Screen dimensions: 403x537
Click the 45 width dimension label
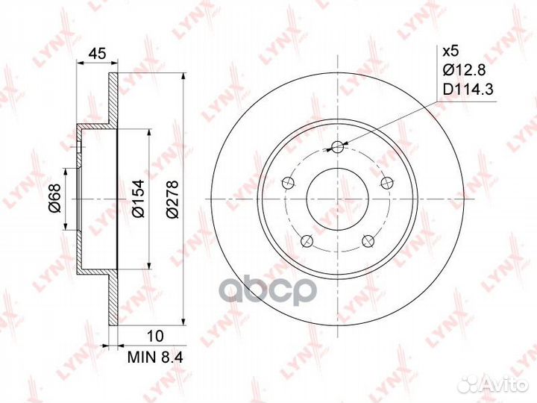pos(95,53)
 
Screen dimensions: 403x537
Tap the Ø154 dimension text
pos(138,200)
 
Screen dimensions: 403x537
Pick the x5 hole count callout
pos(450,51)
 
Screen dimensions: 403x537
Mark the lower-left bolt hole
pos(307,240)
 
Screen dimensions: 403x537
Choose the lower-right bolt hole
pos(367,240)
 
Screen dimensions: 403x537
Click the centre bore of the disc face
pos(337,200)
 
